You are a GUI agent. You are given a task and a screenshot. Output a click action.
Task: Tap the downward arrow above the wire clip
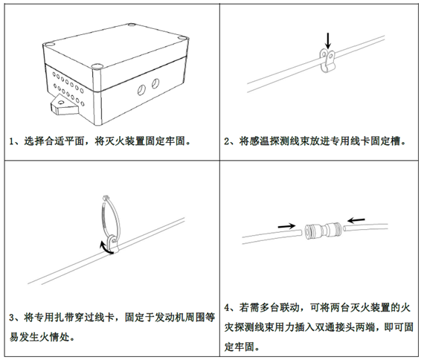pos(328,41)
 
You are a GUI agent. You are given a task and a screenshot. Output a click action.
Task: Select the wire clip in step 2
pos(327,61)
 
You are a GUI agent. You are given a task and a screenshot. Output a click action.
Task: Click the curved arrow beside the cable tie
pos(106,248)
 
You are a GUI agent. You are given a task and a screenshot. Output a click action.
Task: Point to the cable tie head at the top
pos(106,197)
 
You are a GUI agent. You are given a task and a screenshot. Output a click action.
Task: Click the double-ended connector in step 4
pos(323,231)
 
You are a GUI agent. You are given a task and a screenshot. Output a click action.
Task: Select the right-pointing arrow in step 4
pos(286,225)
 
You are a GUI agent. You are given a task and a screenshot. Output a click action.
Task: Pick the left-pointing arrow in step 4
pos(356,220)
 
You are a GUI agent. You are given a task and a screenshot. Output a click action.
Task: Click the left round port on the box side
pos(141,89)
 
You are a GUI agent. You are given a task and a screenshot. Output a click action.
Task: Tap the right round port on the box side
pos(155,83)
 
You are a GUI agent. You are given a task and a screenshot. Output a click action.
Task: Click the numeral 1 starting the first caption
pos(12,141)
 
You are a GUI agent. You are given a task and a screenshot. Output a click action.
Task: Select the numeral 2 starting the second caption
pos(227,141)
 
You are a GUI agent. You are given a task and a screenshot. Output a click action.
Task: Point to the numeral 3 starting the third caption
pos(12,318)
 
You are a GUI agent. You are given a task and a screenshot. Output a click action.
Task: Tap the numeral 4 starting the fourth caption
pos(227,307)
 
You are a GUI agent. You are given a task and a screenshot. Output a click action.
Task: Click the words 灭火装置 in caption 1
pos(120,141)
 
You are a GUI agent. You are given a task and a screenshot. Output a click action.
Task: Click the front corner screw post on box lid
pos(97,66)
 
